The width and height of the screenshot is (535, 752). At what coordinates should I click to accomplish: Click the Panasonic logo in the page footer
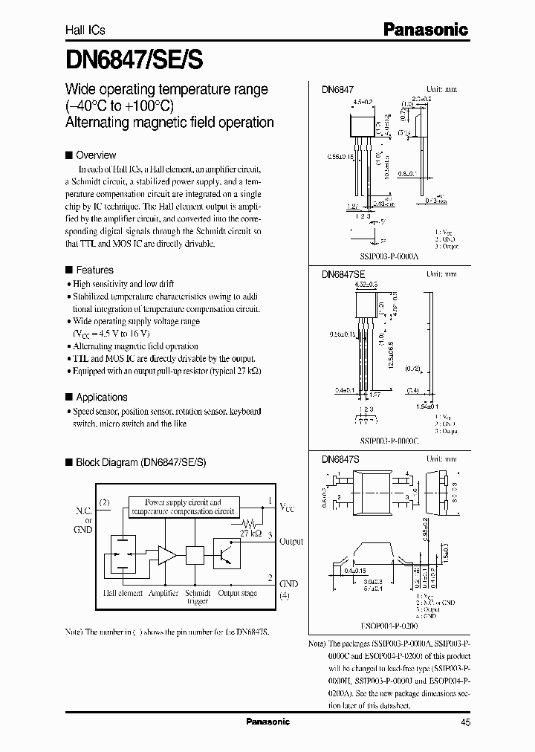pos(267,722)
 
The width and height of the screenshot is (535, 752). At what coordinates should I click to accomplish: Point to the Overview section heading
pos(96,155)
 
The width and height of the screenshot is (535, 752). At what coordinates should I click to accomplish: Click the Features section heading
pos(94,270)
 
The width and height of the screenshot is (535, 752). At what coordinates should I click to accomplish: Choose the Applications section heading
pos(101,398)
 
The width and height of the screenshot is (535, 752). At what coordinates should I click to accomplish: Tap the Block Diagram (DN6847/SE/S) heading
pos(140,462)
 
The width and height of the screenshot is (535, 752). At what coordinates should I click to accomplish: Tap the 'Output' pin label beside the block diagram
pos(291,542)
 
